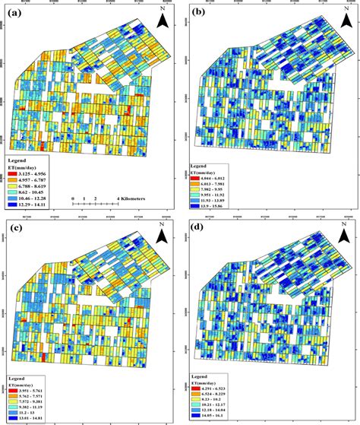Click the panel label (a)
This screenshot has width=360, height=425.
pos(14,11)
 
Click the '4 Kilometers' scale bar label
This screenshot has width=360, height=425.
pos(133,198)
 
